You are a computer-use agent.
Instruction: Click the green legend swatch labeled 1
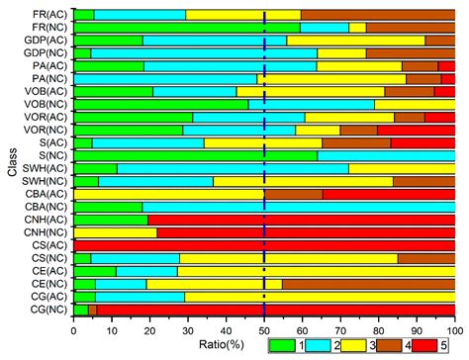[x=287, y=346]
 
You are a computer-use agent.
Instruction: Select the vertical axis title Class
[x=11, y=162]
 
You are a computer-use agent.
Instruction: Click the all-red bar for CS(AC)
[x=264, y=245]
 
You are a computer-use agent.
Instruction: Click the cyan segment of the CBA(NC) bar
[x=298, y=207]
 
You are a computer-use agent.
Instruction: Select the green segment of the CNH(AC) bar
[x=110, y=220]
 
